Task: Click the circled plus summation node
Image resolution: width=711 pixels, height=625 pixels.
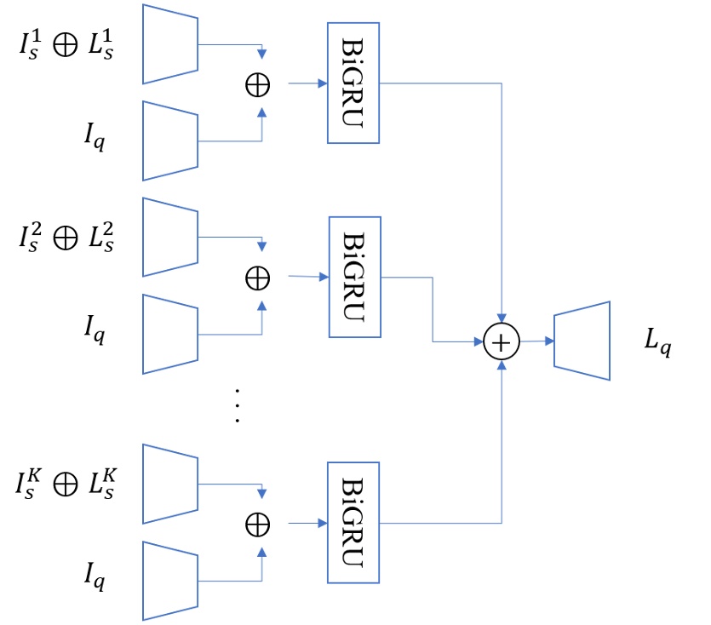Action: pos(502,342)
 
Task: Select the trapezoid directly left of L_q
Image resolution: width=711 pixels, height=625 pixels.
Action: pos(582,341)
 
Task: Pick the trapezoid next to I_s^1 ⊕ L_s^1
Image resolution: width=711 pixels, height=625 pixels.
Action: pos(170,44)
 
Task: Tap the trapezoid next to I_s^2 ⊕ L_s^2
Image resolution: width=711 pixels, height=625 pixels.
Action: pos(170,238)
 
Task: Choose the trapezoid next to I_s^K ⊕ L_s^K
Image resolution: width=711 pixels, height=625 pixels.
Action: pos(170,483)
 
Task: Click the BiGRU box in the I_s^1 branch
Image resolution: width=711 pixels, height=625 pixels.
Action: pos(353,83)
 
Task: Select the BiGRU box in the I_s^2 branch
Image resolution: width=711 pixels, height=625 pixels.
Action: pos(354,277)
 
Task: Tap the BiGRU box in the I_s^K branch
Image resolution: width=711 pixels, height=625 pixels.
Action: pos(353,522)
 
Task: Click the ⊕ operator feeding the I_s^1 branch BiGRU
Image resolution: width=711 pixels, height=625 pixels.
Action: pos(256,84)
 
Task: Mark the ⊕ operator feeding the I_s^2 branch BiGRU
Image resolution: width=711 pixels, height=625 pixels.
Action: pos(256,278)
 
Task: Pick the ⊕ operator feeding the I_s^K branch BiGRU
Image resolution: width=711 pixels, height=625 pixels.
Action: pos(256,523)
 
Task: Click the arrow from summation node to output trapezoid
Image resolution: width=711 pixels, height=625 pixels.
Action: pos(536,341)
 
